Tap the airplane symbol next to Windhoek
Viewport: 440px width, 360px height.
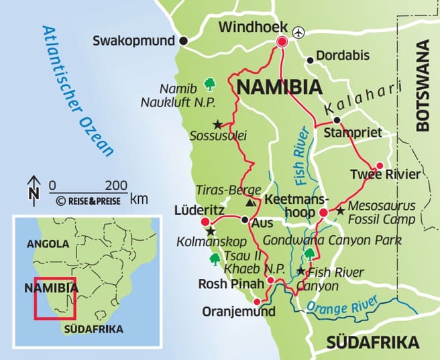pyautogui.click(x=298, y=30)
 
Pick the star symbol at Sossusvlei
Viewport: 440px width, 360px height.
pyautogui.click(x=217, y=124)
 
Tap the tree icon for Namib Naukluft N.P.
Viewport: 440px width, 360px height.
pyautogui.click(x=209, y=83)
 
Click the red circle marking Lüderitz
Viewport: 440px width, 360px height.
pyautogui.click(x=205, y=222)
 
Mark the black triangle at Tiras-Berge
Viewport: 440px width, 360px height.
pyautogui.click(x=250, y=202)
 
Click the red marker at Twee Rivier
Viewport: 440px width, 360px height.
pyautogui.click(x=380, y=166)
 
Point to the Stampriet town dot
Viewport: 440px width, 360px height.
pyautogui.click(x=337, y=121)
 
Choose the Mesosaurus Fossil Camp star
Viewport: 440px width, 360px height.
pyautogui.click(x=340, y=211)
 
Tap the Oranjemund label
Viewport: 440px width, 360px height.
pyautogui.click(x=239, y=312)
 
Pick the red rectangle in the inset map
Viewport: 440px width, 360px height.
pyautogui.click(x=56, y=299)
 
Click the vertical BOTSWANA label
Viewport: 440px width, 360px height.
pyautogui.click(x=423, y=84)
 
